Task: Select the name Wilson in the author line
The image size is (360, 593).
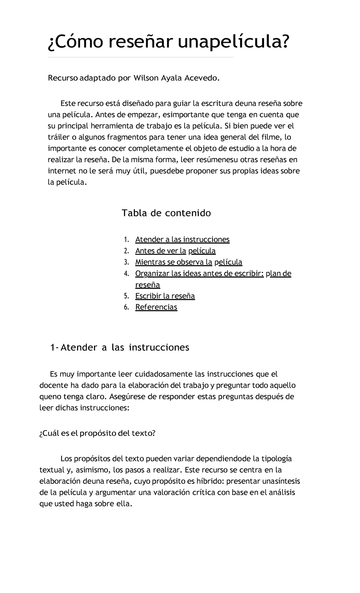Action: (146, 78)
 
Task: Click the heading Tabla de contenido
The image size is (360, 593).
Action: (166, 213)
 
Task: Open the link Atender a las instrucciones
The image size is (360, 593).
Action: (182, 239)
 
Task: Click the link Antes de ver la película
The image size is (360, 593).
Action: (175, 251)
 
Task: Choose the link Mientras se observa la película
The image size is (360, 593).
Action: (189, 262)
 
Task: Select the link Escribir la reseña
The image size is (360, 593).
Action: (165, 296)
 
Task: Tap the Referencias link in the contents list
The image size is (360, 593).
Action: (156, 307)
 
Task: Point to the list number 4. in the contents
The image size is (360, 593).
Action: (126, 274)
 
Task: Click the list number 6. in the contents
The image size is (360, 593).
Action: (126, 307)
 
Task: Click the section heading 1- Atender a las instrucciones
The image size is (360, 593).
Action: (120, 348)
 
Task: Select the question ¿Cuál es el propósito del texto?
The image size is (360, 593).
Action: (97, 433)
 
